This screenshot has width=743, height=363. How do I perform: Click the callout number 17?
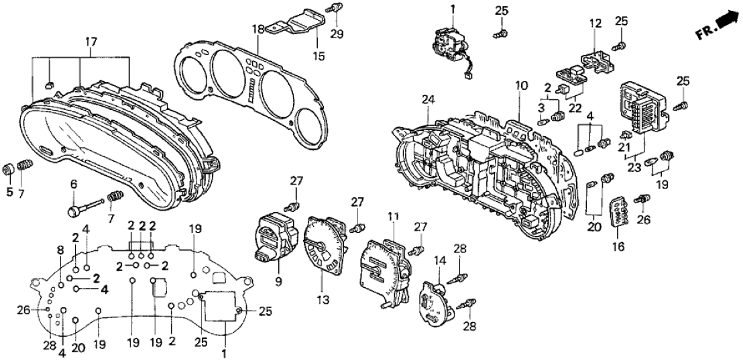(x=91, y=42)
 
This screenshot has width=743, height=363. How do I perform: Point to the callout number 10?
(x=522, y=85)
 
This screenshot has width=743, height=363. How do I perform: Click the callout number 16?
(x=618, y=248)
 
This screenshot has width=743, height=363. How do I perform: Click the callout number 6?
(x=74, y=183)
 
